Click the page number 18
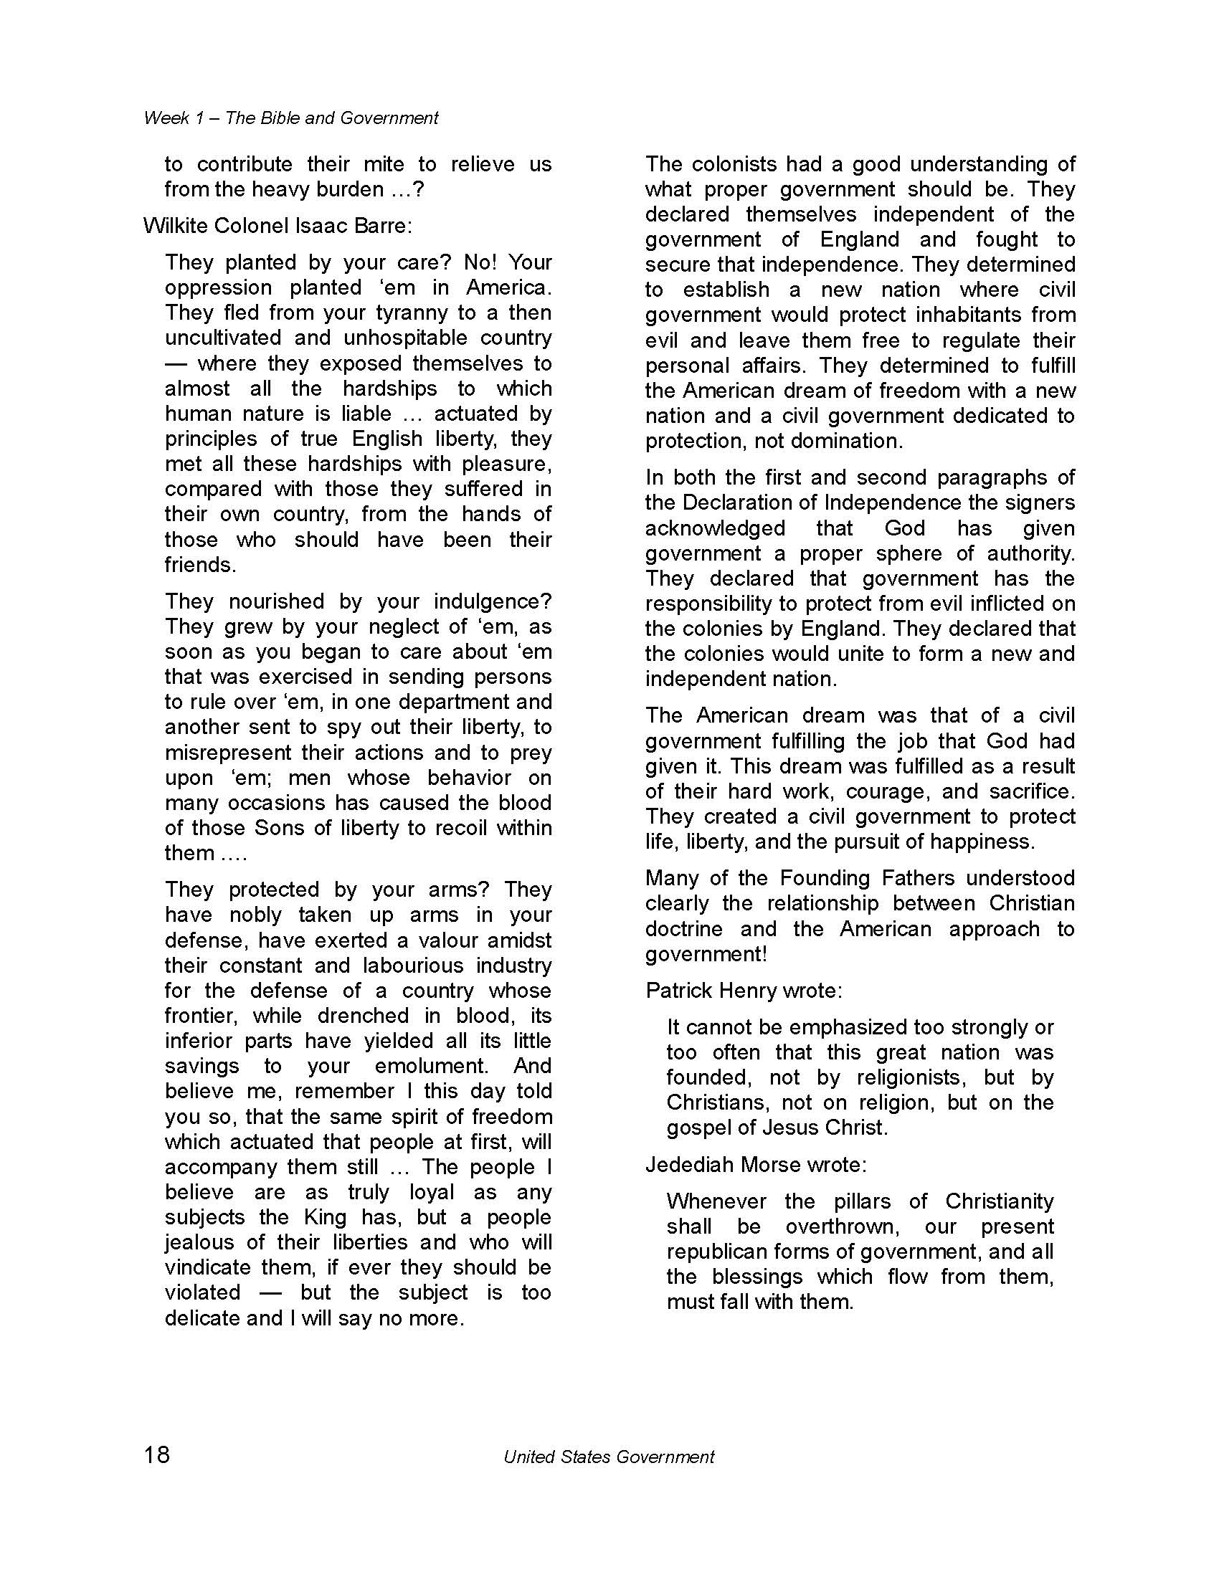click(157, 1454)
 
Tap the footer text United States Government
click(608, 1457)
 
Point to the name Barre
click(383, 226)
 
